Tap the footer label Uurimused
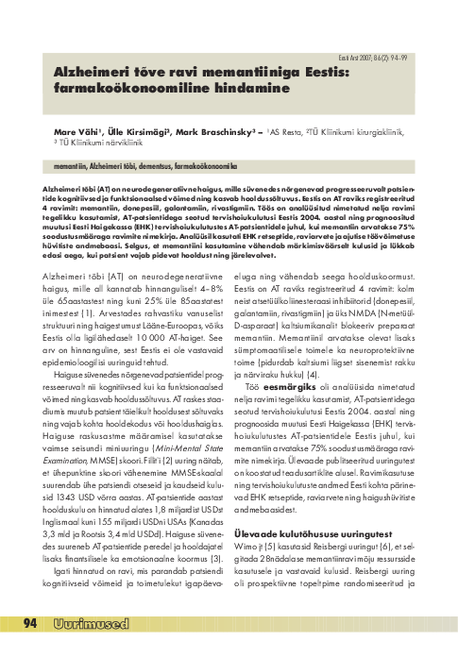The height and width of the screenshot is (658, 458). click(x=91, y=648)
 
